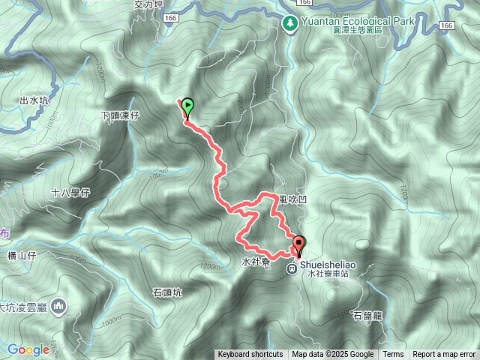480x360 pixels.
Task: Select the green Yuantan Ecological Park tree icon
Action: (290, 23)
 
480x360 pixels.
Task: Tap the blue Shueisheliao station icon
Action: (292, 268)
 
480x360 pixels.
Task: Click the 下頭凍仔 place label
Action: (120, 116)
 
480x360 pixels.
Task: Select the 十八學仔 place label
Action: (70, 193)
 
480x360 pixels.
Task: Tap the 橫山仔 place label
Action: (21, 256)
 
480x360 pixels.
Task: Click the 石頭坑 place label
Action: (167, 292)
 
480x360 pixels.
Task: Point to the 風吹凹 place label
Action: (292, 199)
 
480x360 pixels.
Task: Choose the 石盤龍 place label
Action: (367, 316)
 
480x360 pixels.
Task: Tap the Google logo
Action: (28, 349)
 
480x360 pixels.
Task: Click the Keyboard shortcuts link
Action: (250, 355)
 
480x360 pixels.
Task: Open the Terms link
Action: (393, 355)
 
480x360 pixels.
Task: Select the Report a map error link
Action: (444, 355)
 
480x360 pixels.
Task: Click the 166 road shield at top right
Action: (448, 25)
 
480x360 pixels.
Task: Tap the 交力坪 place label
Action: (148, 4)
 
